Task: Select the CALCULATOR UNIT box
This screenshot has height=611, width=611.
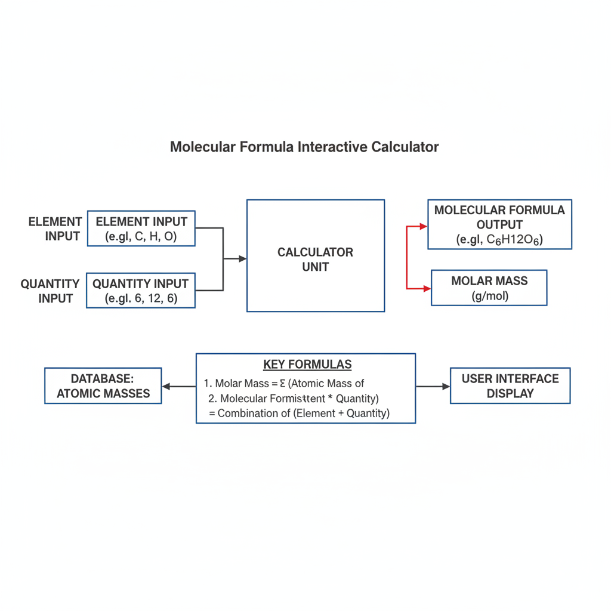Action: pos(315,255)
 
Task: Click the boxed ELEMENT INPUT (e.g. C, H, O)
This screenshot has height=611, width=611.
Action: pos(141,229)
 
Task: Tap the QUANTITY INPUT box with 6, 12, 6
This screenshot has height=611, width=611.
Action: pos(140,291)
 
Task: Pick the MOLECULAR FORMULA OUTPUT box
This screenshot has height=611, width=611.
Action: pos(499,224)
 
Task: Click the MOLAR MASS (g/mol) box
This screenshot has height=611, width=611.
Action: pos(489,288)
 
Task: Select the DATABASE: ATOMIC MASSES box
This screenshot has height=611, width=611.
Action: pos(103,386)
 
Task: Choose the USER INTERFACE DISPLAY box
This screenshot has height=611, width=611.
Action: pos(510,386)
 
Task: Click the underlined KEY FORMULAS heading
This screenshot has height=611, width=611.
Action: pos(307,365)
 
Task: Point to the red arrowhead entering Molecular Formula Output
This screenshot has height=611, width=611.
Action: pos(424,226)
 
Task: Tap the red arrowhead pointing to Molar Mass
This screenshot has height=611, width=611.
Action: pos(427,289)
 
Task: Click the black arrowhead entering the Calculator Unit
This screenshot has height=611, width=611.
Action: pos(242,258)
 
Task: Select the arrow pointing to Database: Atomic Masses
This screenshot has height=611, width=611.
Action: pos(166,387)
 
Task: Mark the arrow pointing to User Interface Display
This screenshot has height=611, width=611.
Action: pos(445,387)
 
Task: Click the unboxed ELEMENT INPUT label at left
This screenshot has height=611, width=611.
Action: pos(55,229)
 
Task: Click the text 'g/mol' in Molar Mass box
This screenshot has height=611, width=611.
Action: pos(489,295)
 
